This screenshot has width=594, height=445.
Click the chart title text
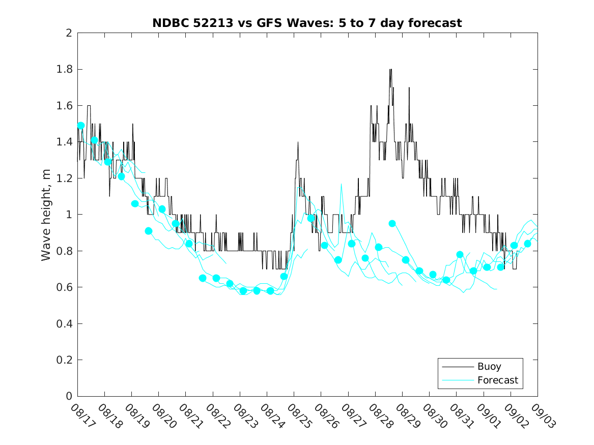pyautogui.click(x=307, y=23)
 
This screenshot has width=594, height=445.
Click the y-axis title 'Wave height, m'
pyautogui.click(x=46, y=215)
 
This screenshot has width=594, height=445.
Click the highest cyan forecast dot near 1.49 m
pyautogui.click(x=80, y=126)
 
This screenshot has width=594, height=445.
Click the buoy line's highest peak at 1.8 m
pyautogui.click(x=390, y=70)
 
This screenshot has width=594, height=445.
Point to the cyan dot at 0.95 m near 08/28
pyautogui.click(x=392, y=223)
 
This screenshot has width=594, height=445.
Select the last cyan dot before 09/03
pyautogui.click(x=527, y=244)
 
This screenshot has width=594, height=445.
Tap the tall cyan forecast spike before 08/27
pyautogui.click(x=341, y=184)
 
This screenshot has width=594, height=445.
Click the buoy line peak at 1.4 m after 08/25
pyautogui.click(x=298, y=142)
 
